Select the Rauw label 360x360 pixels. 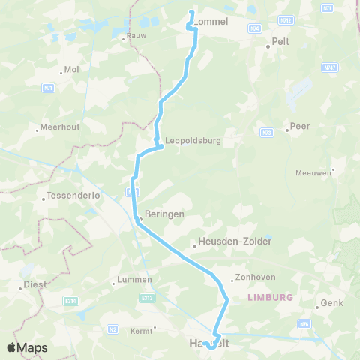(136, 35)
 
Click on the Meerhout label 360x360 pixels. (59, 127)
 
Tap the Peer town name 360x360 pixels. (300, 126)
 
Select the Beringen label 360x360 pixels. (164, 214)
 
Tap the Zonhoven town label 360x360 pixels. (252, 276)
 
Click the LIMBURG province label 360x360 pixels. (269, 298)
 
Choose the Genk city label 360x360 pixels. (331, 304)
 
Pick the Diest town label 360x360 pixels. (34, 284)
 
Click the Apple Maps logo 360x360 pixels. (28, 347)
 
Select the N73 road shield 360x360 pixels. (267, 132)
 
